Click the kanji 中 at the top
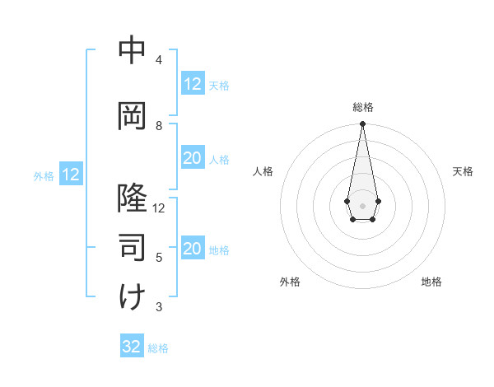132,50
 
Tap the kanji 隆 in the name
132,198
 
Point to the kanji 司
132,247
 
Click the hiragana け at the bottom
132,296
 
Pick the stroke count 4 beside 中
158,60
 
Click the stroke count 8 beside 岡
158,126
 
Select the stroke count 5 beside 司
158,258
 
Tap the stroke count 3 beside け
158,307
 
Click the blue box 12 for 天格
192,84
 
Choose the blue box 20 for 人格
192,159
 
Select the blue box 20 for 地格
192,249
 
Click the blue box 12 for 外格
70,175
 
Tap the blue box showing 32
132,347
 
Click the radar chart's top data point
362,124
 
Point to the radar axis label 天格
463,171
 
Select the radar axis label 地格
431,282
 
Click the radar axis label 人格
263,171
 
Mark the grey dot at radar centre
362,204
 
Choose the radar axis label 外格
290,282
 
